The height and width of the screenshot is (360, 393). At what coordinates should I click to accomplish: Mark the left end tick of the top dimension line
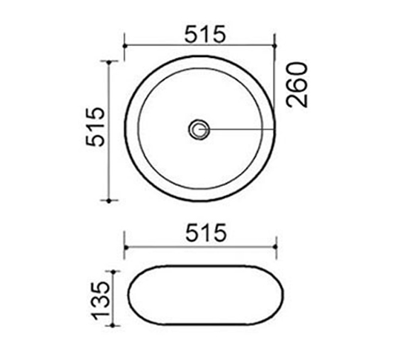click(125, 45)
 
